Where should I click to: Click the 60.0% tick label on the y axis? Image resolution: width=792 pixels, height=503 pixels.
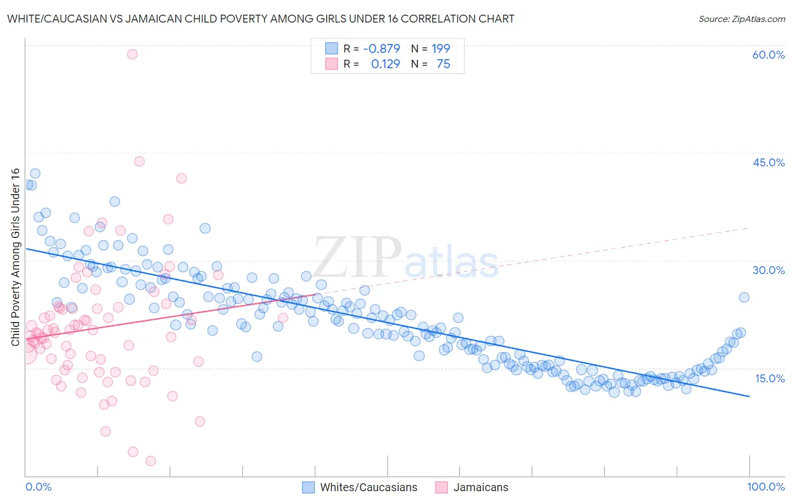(x=768, y=55)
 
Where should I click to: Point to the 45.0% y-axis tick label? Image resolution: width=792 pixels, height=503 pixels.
(x=768, y=162)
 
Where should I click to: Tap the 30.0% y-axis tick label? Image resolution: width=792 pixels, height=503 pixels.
(x=768, y=270)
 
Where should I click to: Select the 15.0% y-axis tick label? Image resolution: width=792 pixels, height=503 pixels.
(x=769, y=378)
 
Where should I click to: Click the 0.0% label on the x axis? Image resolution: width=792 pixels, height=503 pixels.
(x=39, y=487)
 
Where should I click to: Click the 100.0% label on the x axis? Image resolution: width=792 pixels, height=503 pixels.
(x=766, y=487)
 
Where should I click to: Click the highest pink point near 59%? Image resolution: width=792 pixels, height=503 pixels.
(x=132, y=54)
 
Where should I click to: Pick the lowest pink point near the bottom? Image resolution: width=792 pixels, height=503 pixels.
(x=150, y=461)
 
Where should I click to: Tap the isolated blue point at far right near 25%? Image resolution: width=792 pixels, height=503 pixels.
(x=744, y=297)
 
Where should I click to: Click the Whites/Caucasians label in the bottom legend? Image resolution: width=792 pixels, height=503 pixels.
(x=368, y=487)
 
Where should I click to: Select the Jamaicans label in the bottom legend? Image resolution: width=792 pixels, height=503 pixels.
(x=480, y=487)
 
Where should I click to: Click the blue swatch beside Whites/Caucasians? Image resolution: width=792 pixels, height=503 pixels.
(x=308, y=487)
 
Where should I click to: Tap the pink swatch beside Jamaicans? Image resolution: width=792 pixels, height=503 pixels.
(x=442, y=487)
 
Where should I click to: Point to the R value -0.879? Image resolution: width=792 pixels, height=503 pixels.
(x=381, y=48)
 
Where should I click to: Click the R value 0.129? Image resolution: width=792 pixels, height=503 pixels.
(x=385, y=64)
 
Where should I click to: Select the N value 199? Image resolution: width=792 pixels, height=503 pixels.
(x=441, y=48)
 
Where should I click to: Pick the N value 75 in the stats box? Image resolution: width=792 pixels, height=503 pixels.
(x=443, y=64)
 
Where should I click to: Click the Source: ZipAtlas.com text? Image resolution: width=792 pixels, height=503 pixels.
(x=741, y=19)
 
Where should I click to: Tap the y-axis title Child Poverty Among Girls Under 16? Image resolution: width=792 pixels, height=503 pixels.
(x=16, y=257)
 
